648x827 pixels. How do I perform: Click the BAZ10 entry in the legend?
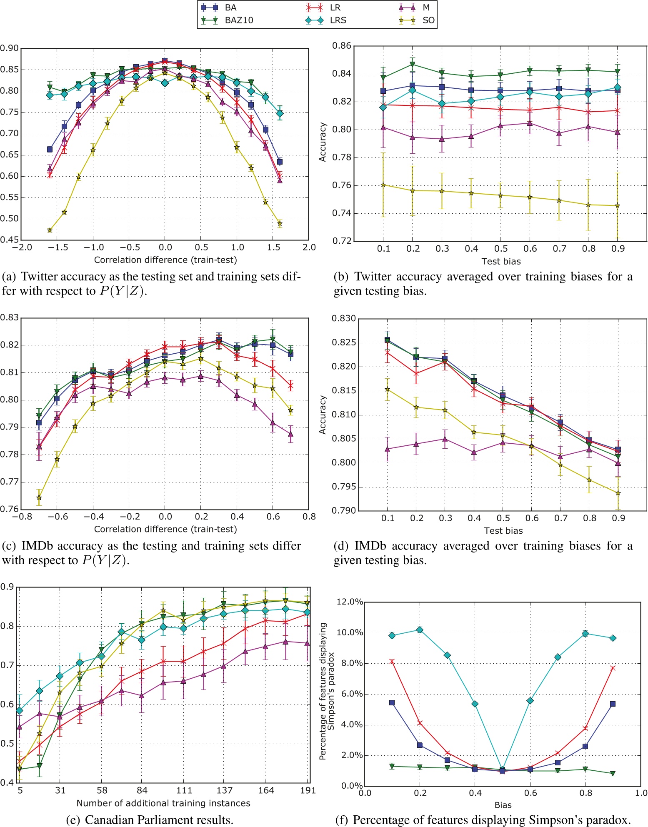click(239, 20)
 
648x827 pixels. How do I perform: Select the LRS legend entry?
click(338, 20)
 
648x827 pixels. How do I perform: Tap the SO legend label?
click(428, 20)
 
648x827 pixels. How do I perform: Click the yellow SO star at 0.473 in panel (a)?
click(50, 230)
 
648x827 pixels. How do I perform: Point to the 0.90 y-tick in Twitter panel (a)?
click(9, 48)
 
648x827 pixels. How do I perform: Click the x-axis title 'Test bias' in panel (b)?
click(501, 261)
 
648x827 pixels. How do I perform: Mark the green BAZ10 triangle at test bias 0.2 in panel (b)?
click(413, 64)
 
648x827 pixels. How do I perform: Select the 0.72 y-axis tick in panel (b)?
click(342, 241)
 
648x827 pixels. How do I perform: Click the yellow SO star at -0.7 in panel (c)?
click(39, 497)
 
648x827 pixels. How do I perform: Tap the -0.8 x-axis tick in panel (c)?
click(22, 517)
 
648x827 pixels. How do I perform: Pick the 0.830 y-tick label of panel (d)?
click(344, 319)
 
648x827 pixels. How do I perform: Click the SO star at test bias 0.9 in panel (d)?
click(618, 493)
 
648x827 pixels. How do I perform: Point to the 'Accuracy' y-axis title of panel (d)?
click(323, 415)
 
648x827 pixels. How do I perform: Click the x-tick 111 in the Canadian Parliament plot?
click(184, 790)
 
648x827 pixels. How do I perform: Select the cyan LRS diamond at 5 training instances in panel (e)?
click(20, 710)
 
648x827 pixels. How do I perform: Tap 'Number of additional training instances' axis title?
click(163, 803)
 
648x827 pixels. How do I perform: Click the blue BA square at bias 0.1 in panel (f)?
click(392, 702)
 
